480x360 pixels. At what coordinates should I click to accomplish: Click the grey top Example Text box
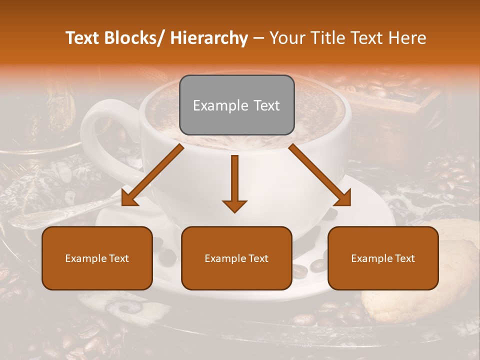pyautogui.click(x=236, y=105)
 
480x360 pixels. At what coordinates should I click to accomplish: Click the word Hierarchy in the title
pyautogui.click(x=209, y=38)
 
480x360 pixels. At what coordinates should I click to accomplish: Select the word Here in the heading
pyautogui.click(x=408, y=38)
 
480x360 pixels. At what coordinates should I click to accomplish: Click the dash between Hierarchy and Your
pyautogui.click(x=258, y=38)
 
